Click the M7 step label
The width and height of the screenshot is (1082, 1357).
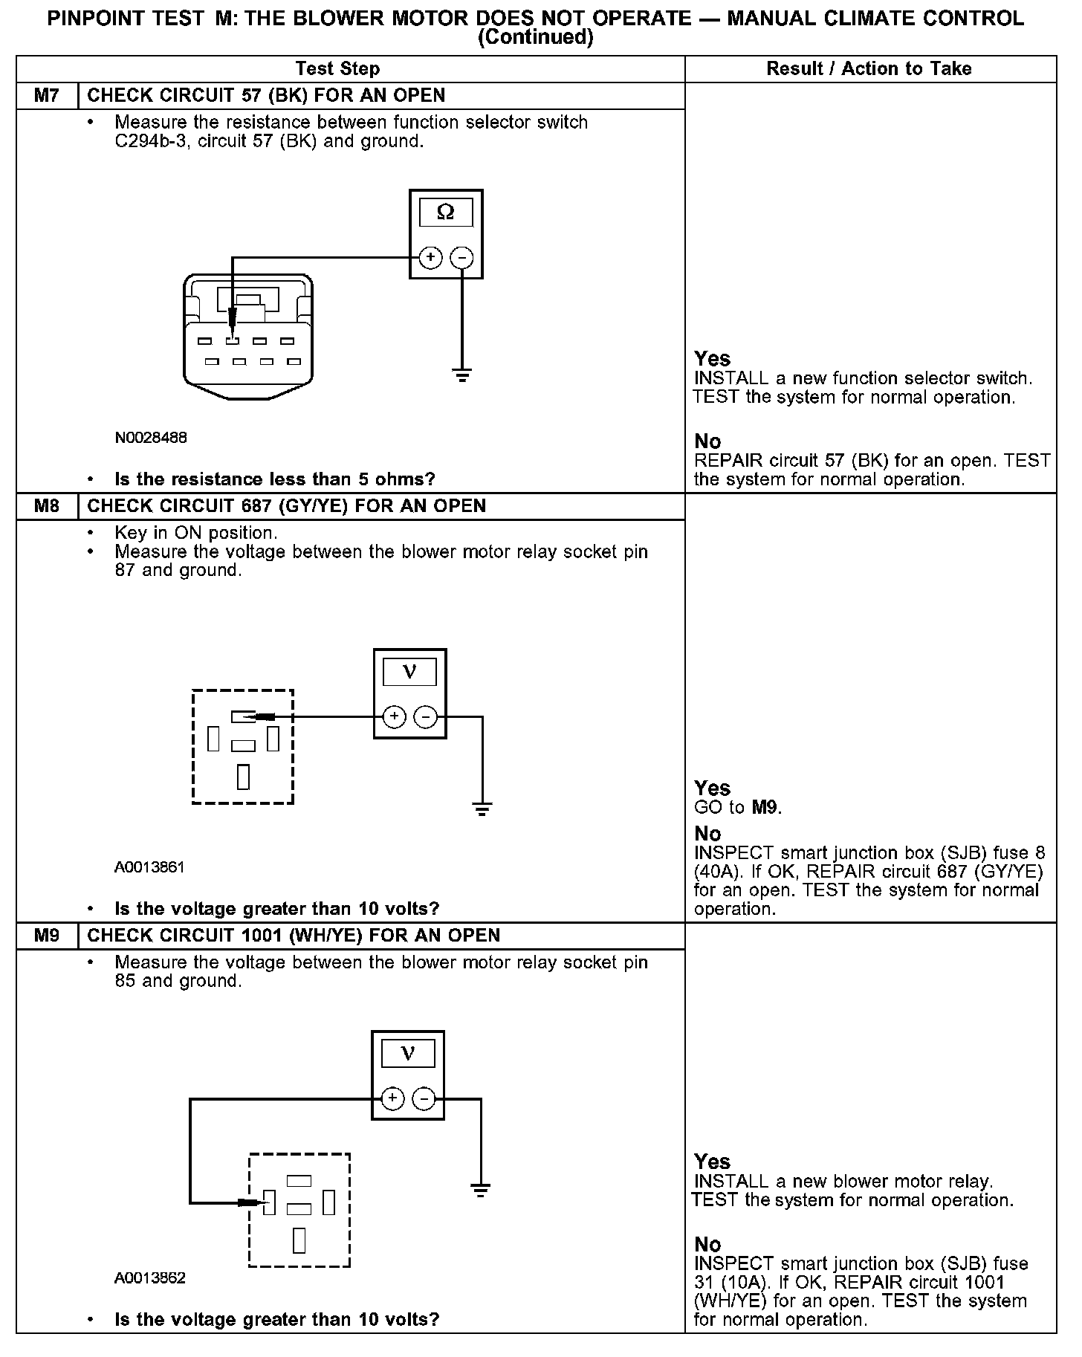[x=47, y=96]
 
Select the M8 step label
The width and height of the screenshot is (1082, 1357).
[x=47, y=506]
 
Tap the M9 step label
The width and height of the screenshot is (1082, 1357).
[x=47, y=936]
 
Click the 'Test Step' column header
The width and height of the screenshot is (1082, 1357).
[x=337, y=69]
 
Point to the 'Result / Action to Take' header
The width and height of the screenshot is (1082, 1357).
[x=869, y=69]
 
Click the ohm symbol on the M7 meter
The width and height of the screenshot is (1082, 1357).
[x=446, y=213]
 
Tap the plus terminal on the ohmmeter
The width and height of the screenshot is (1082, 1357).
[x=430, y=258]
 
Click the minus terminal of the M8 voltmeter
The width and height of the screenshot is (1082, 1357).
[x=425, y=717]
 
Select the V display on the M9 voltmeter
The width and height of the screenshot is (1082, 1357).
[x=408, y=1053]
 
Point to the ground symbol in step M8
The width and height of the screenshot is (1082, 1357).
[x=482, y=809]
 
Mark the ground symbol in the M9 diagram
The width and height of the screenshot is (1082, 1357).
[x=481, y=1190]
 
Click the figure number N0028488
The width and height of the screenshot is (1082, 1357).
[x=151, y=438]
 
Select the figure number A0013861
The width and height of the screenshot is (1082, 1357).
[x=149, y=867]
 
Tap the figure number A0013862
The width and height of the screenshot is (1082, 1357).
[x=149, y=1278]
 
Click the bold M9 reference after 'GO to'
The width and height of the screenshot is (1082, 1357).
[x=765, y=807]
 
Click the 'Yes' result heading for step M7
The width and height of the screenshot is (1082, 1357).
[x=712, y=359]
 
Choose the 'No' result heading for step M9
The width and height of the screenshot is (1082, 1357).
[x=707, y=1244]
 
